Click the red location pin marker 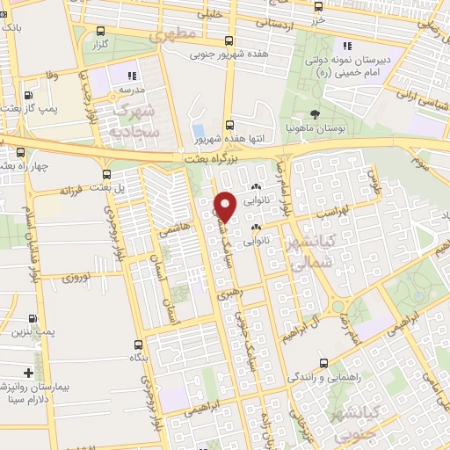click(x=225, y=207)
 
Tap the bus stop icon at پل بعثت click(x=106, y=174)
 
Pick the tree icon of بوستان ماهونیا click(x=314, y=114)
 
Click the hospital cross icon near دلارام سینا click(x=30, y=373)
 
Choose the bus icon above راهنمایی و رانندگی click(x=323, y=363)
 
